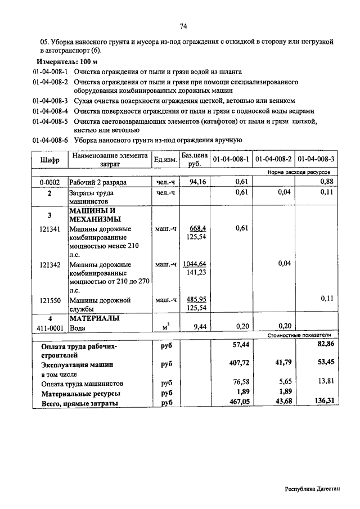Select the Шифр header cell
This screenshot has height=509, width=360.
click(x=49, y=160)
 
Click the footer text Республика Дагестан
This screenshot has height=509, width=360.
click(x=313, y=489)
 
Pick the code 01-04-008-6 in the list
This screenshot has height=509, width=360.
click(x=50, y=139)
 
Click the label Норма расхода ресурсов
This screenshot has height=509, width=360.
click(x=299, y=172)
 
